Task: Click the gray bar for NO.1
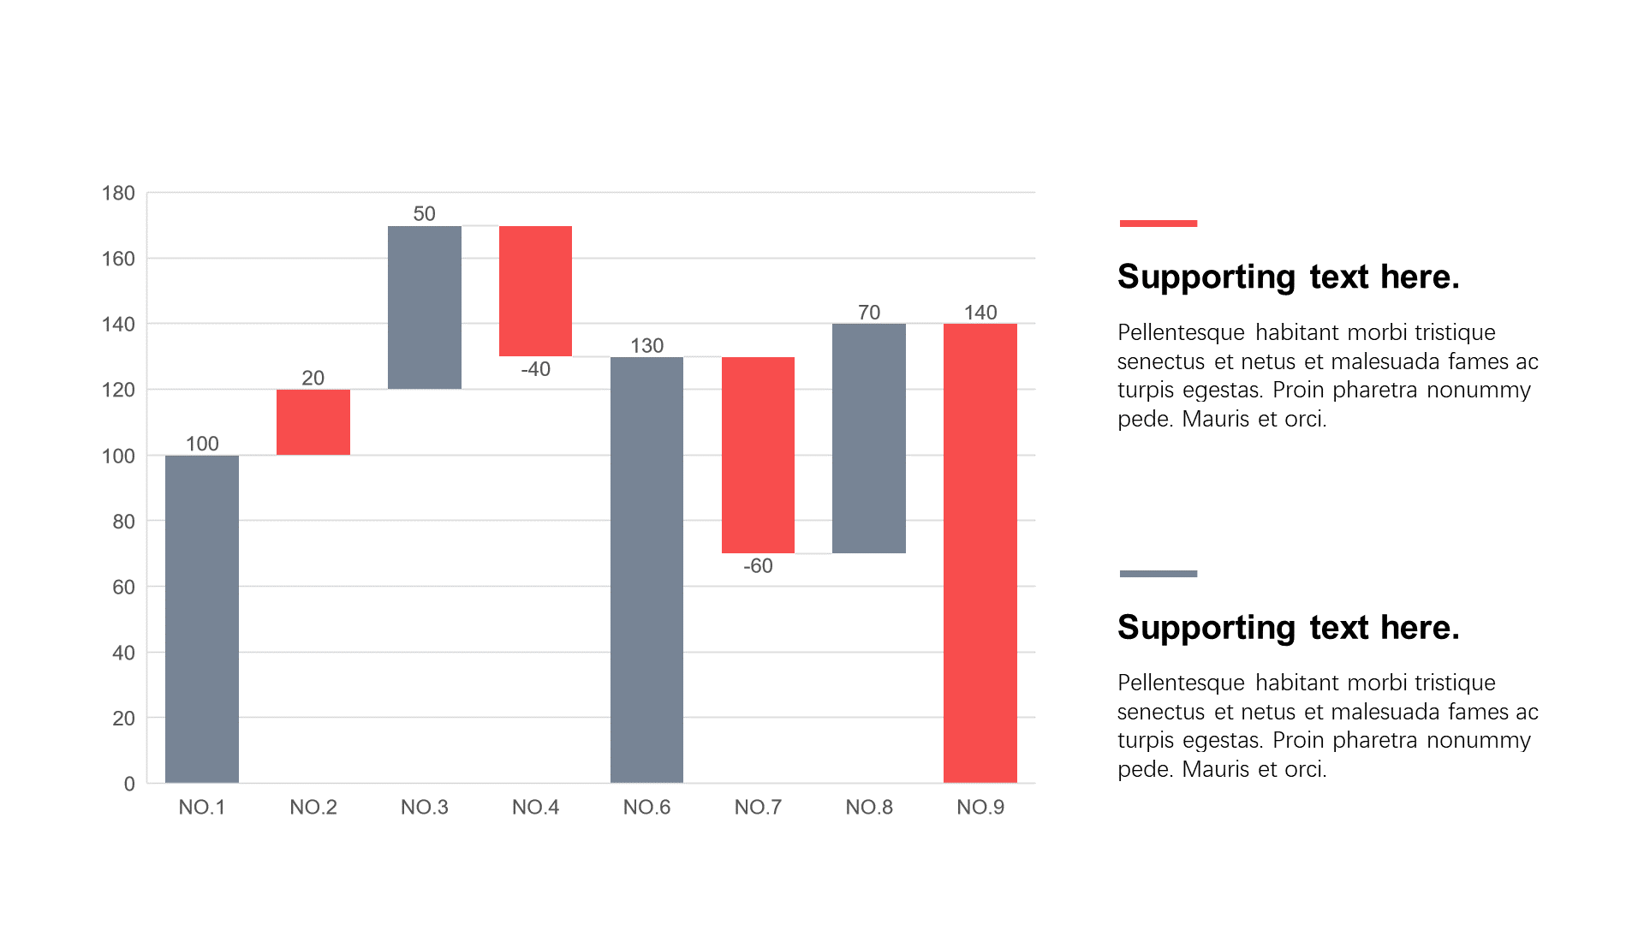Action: point(201,618)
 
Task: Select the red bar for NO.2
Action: point(313,422)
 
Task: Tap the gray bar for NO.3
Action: point(424,307)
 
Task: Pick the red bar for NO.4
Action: point(535,291)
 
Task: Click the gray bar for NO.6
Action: point(646,570)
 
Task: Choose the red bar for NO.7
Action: point(758,455)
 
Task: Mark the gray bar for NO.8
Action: point(868,439)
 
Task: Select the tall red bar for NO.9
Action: point(980,553)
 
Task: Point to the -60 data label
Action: point(758,566)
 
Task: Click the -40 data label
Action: point(535,369)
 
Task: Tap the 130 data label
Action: point(646,345)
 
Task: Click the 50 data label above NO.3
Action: point(424,213)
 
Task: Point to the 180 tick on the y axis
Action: point(118,193)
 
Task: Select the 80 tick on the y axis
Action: point(123,521)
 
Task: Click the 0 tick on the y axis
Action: point(129,784)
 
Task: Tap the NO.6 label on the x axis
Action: point(646,807)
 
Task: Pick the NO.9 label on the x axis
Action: point(980,807)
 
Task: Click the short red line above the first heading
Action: point(1158,224)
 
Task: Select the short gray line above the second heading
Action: point(1158,574)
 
